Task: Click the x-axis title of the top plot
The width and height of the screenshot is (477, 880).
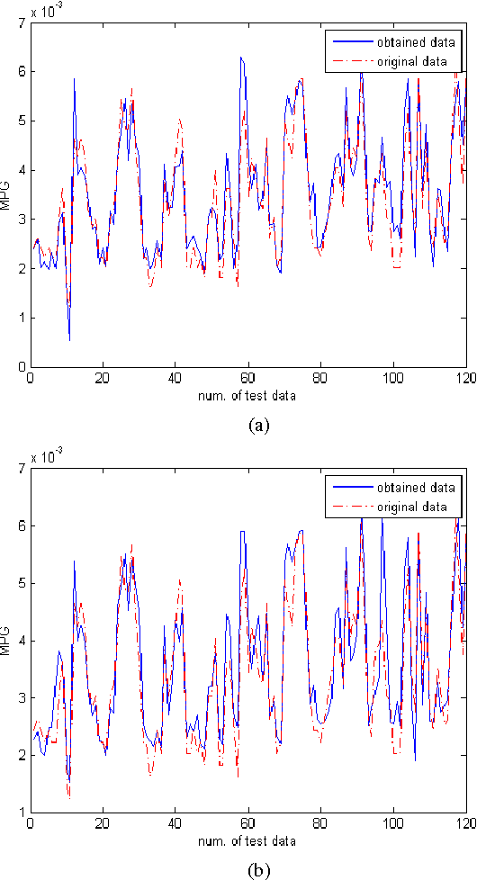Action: tap(247, 395)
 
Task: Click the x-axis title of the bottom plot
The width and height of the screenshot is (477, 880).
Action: tap(247, 840)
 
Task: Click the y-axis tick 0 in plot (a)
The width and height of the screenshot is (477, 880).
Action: tap(21, 367)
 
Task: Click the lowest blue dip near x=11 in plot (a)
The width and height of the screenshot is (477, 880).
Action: tap(69, 339)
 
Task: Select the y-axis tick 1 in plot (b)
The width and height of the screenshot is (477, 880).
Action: tap(21, 813)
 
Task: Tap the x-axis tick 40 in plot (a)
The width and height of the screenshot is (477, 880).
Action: tap(175, 379)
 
